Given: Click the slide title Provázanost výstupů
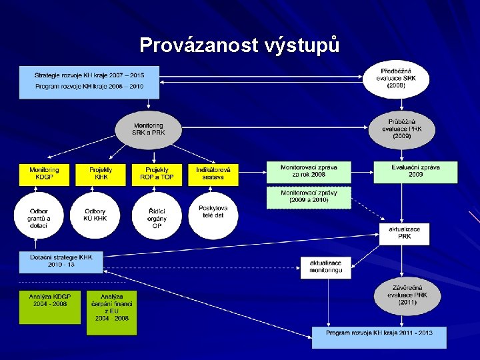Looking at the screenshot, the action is [239, 45].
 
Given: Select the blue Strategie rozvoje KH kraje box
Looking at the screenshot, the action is [89, 81].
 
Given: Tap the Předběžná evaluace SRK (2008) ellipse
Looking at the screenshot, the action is [396, 79].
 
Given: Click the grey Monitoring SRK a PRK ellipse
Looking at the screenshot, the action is [148, 129].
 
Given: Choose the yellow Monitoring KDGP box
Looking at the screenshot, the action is [44, 174].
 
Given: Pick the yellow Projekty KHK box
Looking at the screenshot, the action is [101, 174].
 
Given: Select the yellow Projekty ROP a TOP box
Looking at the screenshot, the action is [157, 174].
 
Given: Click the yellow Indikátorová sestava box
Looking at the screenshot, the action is [213, 174].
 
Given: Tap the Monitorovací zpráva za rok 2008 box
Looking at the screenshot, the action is [308, 173].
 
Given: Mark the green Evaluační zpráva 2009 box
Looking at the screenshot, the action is [415, 173].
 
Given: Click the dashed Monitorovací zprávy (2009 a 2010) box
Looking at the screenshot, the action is [308, 197].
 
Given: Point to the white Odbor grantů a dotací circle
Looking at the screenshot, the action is [39, 215].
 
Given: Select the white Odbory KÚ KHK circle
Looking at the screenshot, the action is [95, 215].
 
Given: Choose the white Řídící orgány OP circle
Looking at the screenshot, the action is [157, 215].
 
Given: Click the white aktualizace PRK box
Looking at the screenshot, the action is [405, 233].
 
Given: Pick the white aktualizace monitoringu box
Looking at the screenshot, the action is [325, 267].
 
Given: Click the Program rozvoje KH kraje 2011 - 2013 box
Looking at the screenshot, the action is [379, 337].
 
